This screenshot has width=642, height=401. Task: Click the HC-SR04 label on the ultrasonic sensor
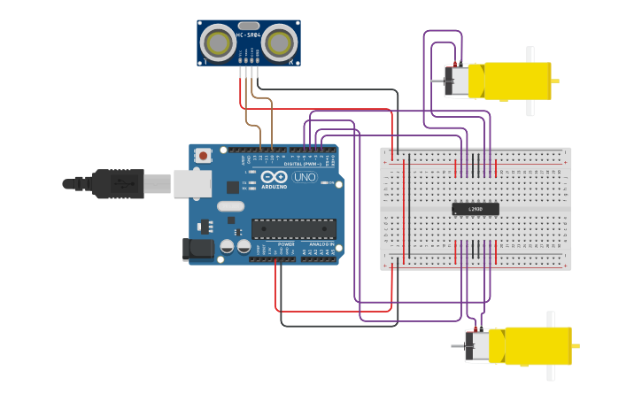pyautogui.click(x=248, y=34)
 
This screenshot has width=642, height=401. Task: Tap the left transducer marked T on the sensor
pyautogui.click(x=218, y=42)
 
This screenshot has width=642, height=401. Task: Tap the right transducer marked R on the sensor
pyautogui.click(x=280, y=42)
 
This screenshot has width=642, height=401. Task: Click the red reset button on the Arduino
pyautogui.click(x=203, y=156)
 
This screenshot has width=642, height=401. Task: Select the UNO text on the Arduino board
pyautogui.click(x=304, y=177)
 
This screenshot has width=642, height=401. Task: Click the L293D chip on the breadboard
pyautogui.click(x=476, y=209)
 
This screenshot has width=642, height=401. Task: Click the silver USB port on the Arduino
pyautogui.click(x=192, y=183)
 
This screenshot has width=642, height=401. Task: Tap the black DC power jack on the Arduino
pyautogui.click(x=198, y=250)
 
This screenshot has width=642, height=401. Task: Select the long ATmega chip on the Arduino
pyautogui.click(x=293, y=228)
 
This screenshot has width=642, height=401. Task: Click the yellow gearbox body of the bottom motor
pyautogui.click(x=537, y=344)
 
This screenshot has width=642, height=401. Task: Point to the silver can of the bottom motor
pyautogui.click(x=478, y=345)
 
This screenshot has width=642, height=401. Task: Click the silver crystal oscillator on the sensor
pyautogui.click(x=249, y=26)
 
